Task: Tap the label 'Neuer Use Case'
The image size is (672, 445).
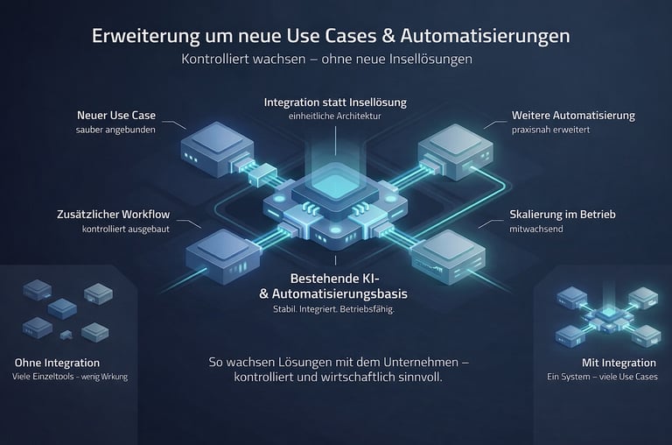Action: (x=116, y=115)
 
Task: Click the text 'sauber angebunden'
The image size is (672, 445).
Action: (x=115, y=131)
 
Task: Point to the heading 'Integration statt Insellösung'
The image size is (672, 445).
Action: (x=335, y=102)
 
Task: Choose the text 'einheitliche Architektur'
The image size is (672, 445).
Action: (x=335, y=117)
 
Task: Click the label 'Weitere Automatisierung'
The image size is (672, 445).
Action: (x=573, y=115)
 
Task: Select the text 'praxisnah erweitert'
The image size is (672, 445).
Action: (x=551, y=131)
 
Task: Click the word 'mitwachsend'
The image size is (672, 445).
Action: (x=536, y=230)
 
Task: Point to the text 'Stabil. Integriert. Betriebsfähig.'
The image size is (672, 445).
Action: (x=335, y=308)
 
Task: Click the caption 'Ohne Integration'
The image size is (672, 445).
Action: (x=57, y=363)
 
